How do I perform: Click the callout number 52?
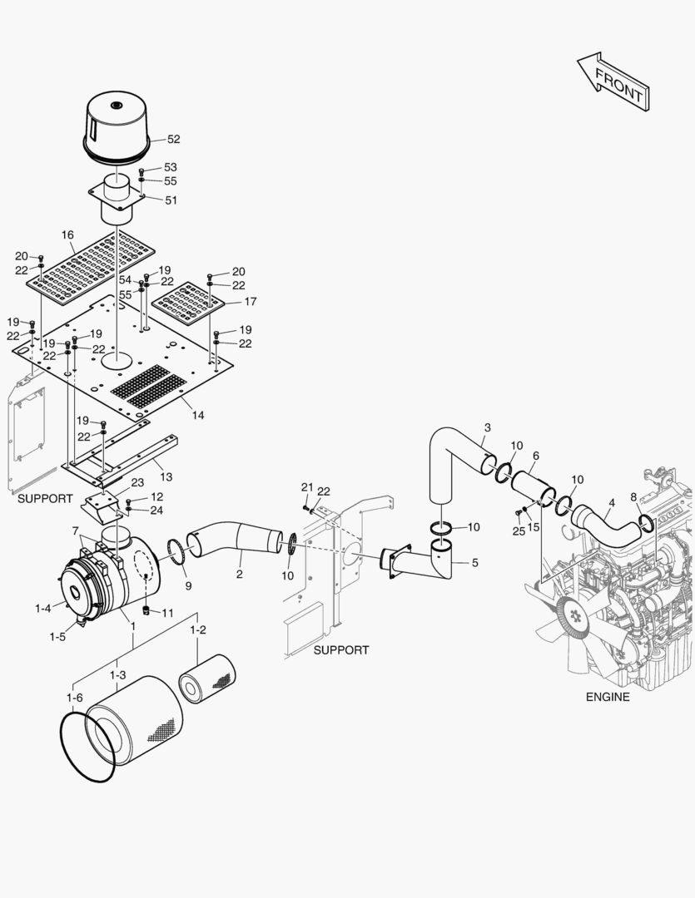[173, 140]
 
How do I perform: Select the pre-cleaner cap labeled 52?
[117, 125]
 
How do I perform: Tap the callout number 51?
[171, 200]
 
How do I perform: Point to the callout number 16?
[67, 235]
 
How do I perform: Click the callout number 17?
[250, 302]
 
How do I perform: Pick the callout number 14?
[198, 415]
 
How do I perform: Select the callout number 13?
[166, 476]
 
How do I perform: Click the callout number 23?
[137, 483]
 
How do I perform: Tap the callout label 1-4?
[43, 609]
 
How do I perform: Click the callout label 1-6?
[74, 698]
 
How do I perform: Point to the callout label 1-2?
[197, 630]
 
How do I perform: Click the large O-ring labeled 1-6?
[87, 748]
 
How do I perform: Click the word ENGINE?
[607, 697]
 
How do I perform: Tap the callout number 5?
[474, 563]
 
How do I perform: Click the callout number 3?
[487, 427]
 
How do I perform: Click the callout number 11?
[167, 613]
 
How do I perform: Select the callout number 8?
[633, 497]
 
